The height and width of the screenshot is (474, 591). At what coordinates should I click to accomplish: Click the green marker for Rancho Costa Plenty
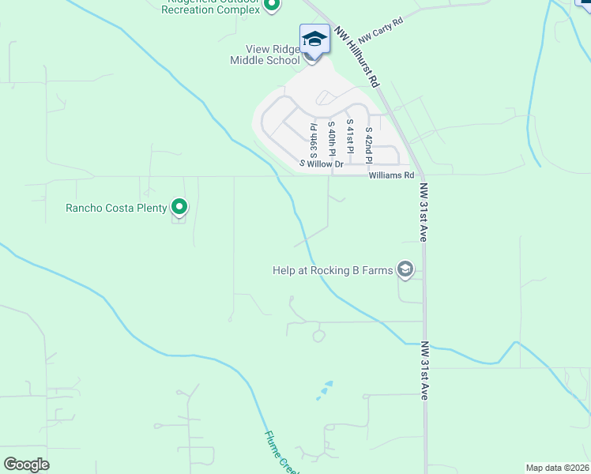point(179,207)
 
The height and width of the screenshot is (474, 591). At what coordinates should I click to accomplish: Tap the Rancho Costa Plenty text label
point(116,208)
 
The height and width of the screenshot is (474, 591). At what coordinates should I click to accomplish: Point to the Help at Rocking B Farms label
point(332,270)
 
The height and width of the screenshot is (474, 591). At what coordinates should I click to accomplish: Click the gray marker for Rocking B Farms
point(405,270)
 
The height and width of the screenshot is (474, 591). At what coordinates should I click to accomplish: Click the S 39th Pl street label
point(313,139)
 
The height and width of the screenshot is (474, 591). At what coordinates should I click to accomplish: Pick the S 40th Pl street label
point(332,138)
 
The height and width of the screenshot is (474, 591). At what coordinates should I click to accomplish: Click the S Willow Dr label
point(321,164)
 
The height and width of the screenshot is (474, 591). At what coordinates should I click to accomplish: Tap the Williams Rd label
point(391,175)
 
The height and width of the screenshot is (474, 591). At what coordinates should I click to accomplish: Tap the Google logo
point(26,465)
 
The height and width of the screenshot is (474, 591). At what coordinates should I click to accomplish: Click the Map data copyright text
point(556,468)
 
